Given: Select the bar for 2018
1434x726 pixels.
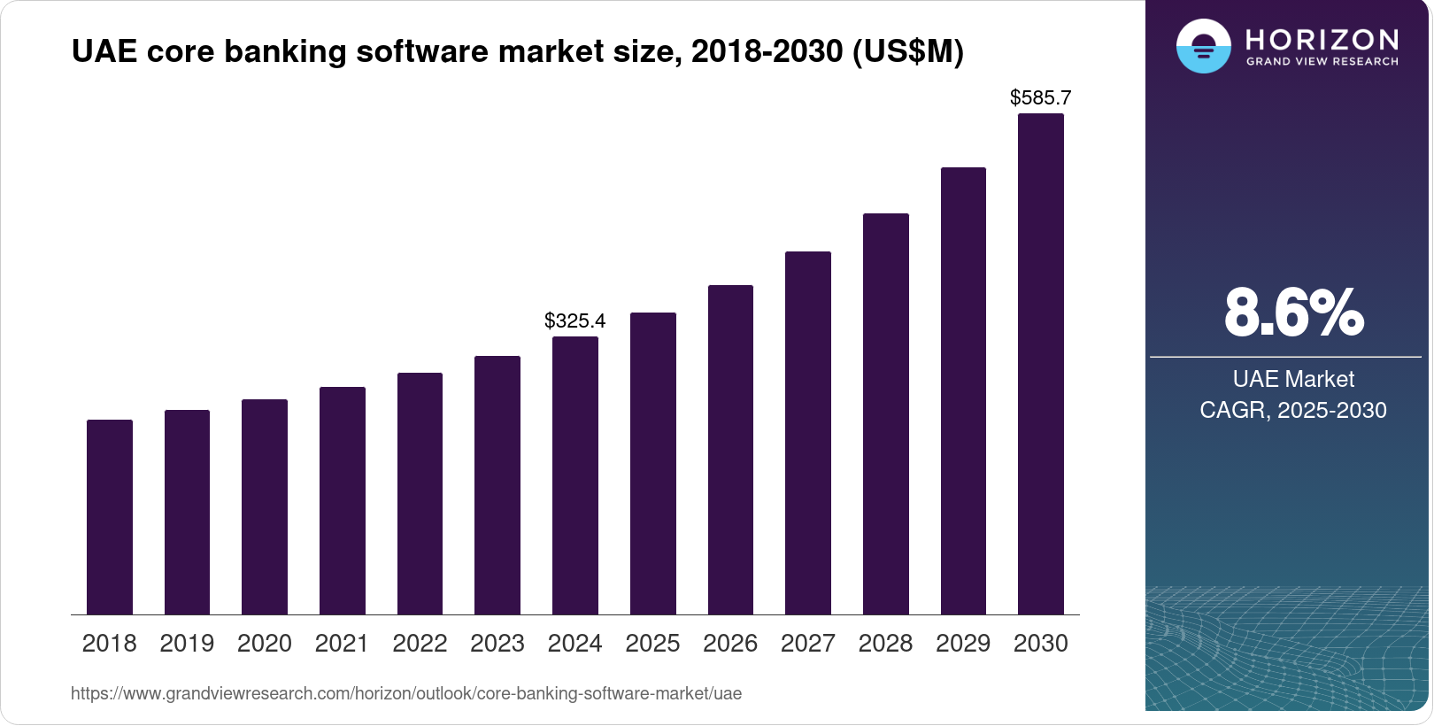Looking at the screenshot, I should pyautogui.click(x=110, y=517).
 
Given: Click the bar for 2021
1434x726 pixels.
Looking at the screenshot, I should pyautogui.click(x=343, y=500).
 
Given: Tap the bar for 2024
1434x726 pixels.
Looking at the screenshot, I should pyautogui.click(x=575, y=475).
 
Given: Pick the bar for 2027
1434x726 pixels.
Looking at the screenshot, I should pyautogui.click(x=808, y=433).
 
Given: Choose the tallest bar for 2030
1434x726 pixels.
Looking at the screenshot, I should pyautogui.click(x=1041, y=364).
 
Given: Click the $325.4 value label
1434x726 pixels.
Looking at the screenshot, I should pyautogui.click(x=575, y=321).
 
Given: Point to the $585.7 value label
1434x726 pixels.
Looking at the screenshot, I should pyautogui.click(x=1041, y=97).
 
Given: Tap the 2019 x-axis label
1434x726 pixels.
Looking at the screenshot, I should pyautogui.click(x=187, y=644).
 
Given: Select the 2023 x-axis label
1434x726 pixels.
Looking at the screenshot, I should pyautogui.click(x=497, y=644).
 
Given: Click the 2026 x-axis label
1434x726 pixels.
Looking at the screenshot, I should pyautogui.click(x=730, y=644).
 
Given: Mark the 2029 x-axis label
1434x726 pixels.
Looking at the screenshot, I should pyautogui.click(x=963, y=644).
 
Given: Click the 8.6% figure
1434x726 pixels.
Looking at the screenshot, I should pyautogui.click(x=1293, y=313).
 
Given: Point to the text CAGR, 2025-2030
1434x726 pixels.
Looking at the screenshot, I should pyautogui.click(x=1293, y=410).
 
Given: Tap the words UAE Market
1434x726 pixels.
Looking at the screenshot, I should pyautogui.click(x=1293, y=379).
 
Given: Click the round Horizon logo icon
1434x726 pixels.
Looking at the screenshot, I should pyautogui.click(x=1203, y=46).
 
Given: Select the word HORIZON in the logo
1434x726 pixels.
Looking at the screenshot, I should pyautogui.click(x=1322, y=39).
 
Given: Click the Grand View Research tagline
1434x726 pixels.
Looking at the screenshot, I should pyautogui.click(x=1322, y=61).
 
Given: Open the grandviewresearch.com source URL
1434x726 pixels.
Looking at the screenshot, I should pyautogui.click(x=406, y=693).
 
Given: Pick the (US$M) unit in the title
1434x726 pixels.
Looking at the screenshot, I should pyautogui.click(x=908, y=51).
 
